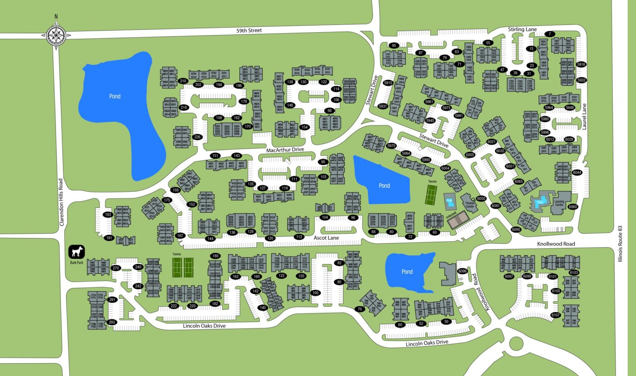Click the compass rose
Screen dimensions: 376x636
pos(56,35)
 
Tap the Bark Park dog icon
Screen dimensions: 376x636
pos(77,251)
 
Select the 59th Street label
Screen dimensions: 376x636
pos(249,31)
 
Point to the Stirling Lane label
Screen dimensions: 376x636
pos(522,29)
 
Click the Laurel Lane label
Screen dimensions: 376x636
pos(584,117)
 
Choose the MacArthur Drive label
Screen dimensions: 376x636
pos(285,149)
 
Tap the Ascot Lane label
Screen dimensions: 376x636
pos(326,238)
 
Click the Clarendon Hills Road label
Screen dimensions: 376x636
pos(61,202)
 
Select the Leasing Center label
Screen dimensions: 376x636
pos(559,203)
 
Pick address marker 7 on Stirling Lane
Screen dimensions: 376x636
pos(549,34)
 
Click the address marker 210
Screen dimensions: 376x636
pos(183,81)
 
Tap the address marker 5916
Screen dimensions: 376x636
pos(581,65)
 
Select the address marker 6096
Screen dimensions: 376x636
pos(462,271)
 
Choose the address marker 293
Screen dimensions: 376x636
pos(112,322)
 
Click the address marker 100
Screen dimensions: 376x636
pos(316,293)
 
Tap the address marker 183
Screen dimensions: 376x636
pos(108,215)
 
